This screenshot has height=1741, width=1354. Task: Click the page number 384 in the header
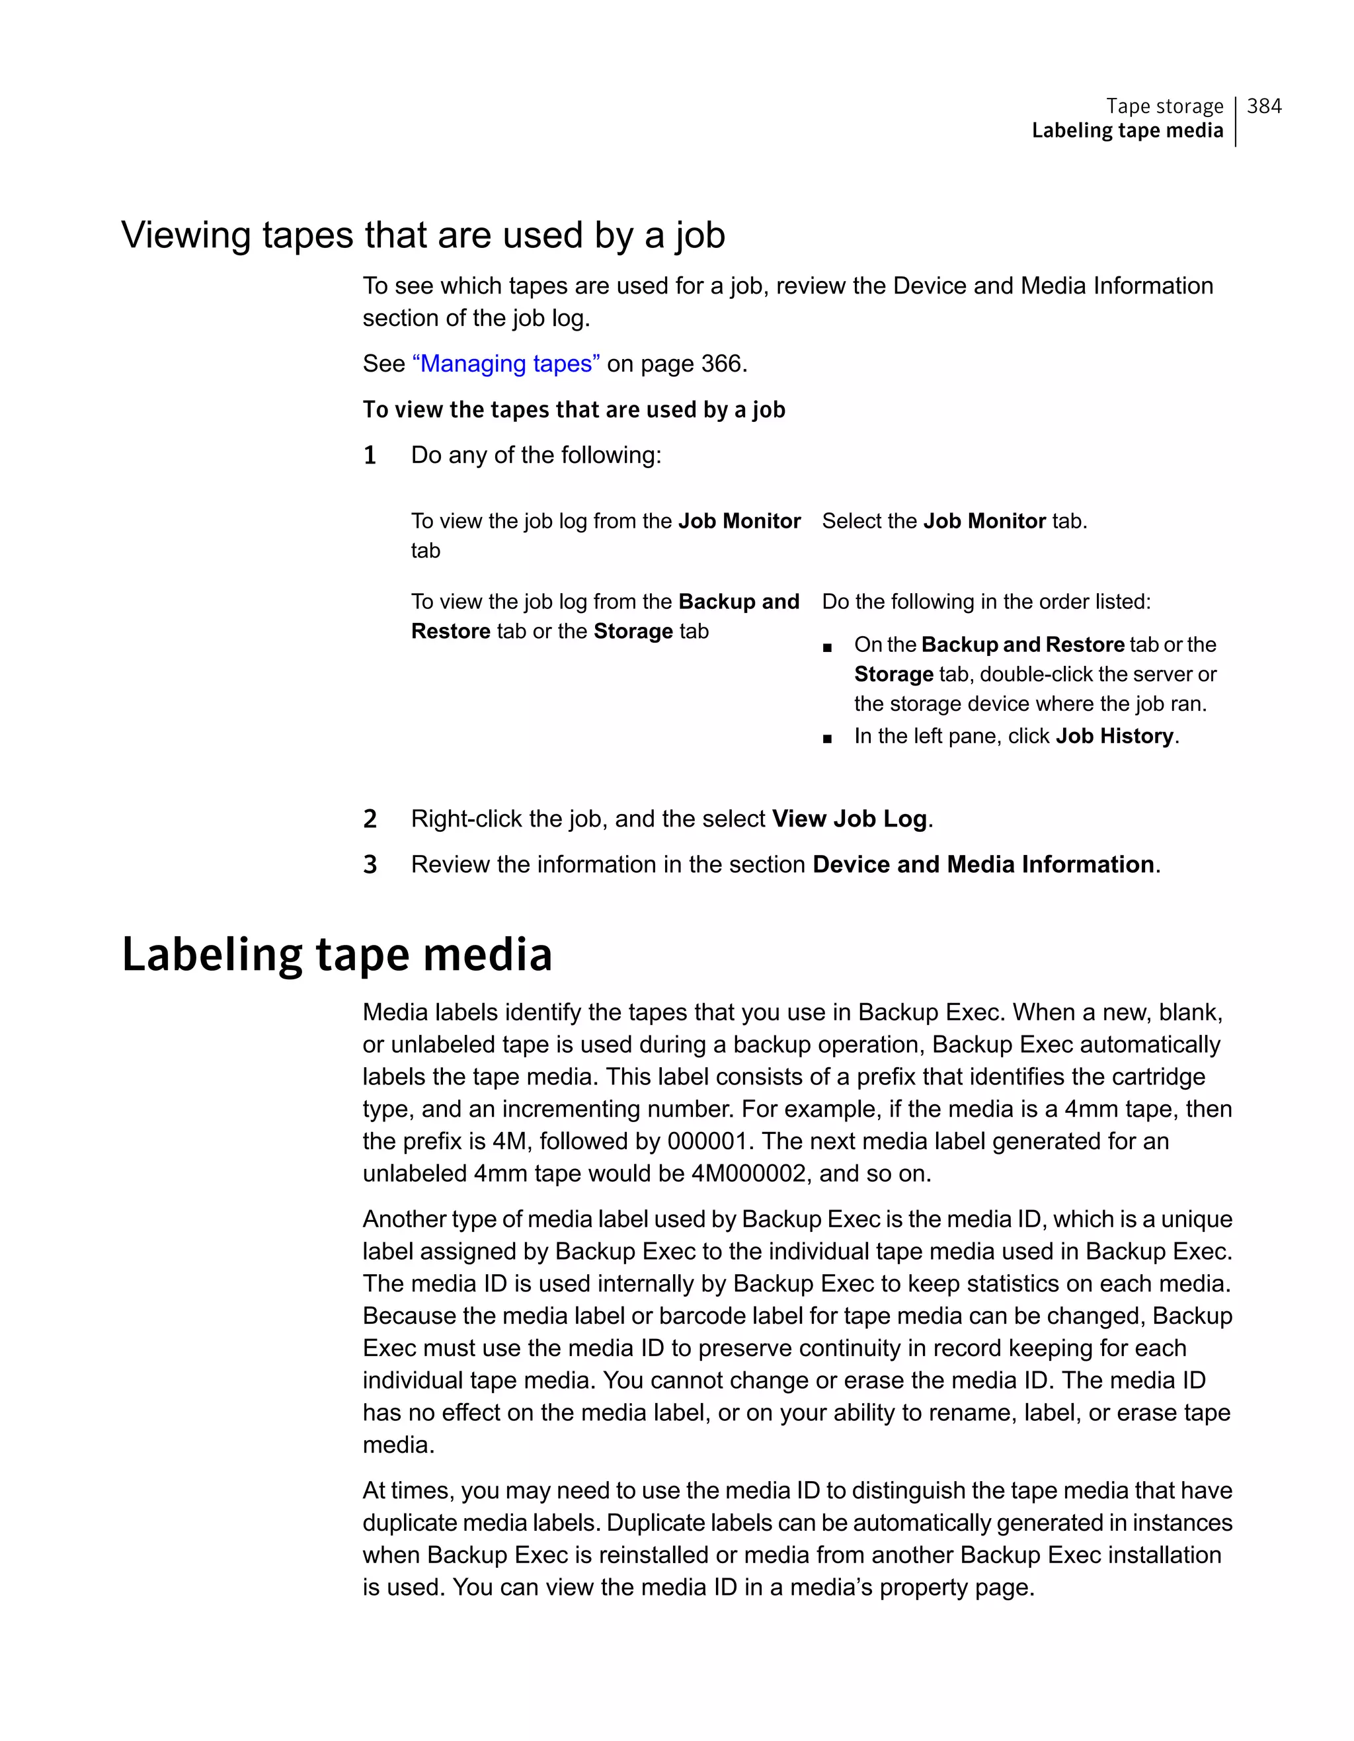coord(1263,106)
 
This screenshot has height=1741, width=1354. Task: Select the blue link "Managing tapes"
coord(506,364)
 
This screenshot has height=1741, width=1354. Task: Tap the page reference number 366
coord(721,364)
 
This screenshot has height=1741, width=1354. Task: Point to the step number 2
coord(370,819)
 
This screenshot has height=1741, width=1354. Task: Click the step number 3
coord(370,864)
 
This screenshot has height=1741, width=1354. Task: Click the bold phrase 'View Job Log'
coord(849,819)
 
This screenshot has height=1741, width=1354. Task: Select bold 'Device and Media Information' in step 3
coord(982,864)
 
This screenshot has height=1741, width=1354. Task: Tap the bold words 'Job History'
coord(1114,736)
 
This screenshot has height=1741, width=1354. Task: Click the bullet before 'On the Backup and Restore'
coord(827,647)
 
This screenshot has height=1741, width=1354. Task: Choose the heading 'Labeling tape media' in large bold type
coord(337,954)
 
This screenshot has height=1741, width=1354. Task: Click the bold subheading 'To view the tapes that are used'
coord(574,410)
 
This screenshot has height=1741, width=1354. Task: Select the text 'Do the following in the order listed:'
coord(986,602)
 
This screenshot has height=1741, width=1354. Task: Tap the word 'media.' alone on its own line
coord(399,1445)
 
